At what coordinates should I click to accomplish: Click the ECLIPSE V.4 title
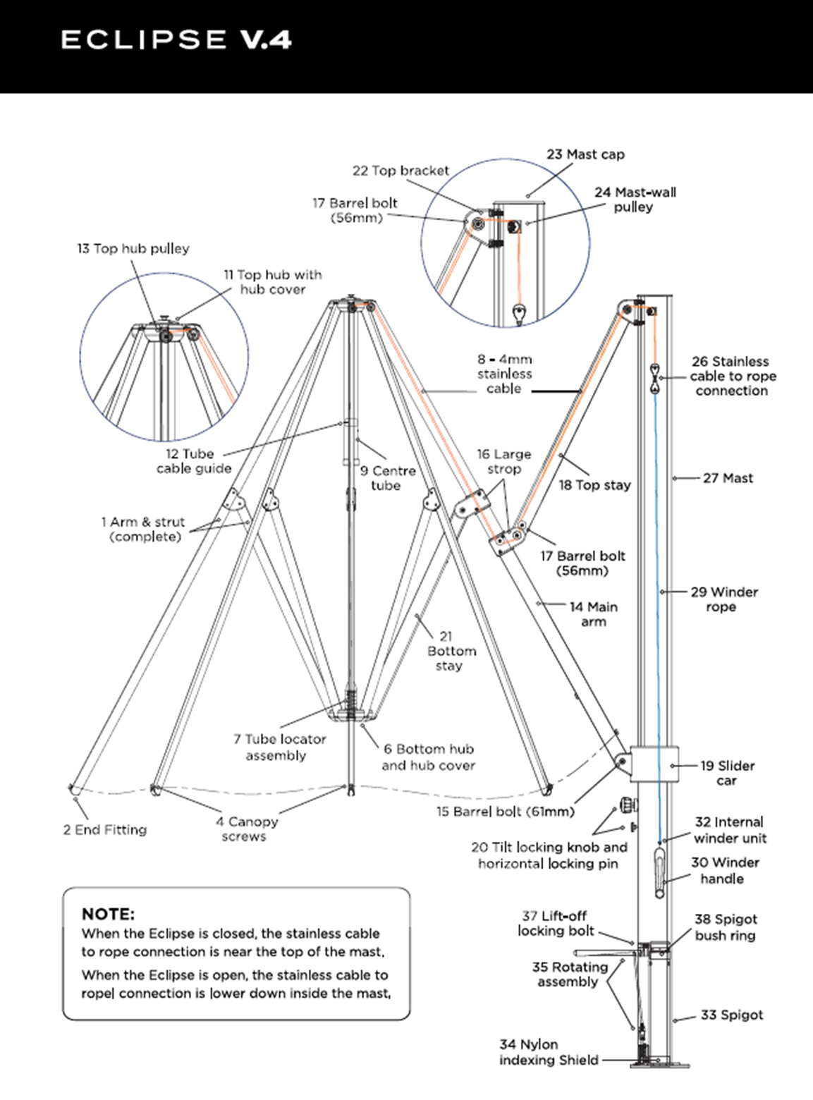176,39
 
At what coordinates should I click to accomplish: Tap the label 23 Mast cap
585,154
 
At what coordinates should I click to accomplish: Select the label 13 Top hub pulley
133,249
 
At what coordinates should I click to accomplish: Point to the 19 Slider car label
727,773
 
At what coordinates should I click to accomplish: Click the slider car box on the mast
654,763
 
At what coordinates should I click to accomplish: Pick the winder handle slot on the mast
659,873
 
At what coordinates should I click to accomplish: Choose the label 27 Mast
728,478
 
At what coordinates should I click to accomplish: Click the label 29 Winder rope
723,599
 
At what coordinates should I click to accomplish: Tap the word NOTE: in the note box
108,915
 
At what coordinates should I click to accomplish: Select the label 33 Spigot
732,1015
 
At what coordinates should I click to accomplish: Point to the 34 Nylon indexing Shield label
549,1052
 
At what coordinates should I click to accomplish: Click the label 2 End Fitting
105,830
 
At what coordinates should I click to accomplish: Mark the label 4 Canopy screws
247,829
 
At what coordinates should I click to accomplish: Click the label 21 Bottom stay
451,651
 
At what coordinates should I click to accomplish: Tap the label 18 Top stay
594,485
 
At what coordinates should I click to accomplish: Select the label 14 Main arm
593,614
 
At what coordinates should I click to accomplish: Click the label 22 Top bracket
401,171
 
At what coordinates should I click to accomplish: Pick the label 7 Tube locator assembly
279,747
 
